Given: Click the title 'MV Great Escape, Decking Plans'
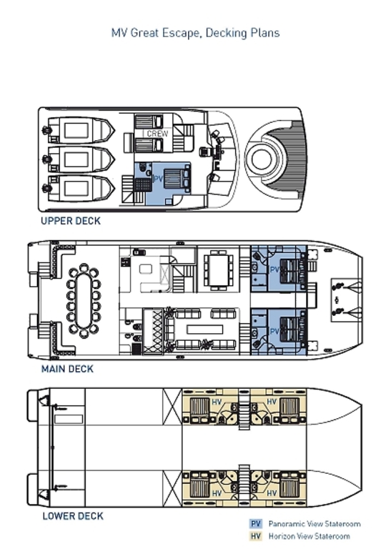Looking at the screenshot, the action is coord(195,33).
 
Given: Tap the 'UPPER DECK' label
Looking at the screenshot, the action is coord(71,221).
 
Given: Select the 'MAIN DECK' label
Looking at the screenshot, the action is coord(67,369).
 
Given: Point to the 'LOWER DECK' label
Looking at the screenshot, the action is coord(73,516).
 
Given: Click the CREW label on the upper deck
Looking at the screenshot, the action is coord(157,134).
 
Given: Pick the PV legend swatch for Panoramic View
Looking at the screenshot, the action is coord(256,523).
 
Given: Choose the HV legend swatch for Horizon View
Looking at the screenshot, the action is coord(256,536).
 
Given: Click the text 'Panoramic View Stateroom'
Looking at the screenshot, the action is coord(315,523).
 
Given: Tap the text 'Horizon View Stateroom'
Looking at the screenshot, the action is coord(309,536).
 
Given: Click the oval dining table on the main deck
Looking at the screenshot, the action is coord(84,301).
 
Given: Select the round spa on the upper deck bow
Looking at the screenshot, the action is coord(262,159).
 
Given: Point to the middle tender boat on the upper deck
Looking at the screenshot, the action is coord(81,159).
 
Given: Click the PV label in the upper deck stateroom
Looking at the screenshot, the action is coord(158,179).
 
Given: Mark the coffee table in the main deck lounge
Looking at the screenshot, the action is coord(205,330).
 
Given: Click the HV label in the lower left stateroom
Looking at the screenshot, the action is coord(217,493).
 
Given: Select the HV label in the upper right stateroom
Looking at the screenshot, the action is coord(271,402).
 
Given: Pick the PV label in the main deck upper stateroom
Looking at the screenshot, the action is coord(274,269).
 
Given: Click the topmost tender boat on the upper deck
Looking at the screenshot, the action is coord(81,130).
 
